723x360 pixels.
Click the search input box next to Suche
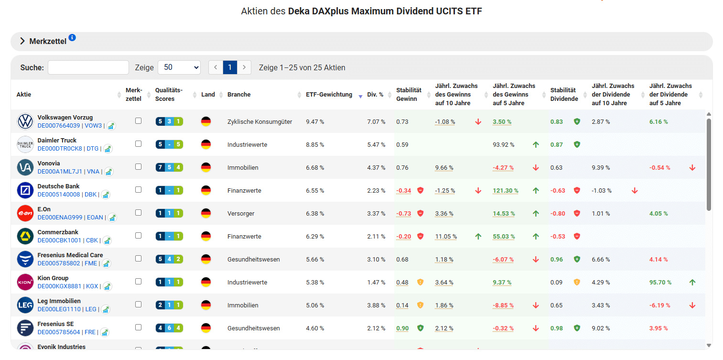point(88,67)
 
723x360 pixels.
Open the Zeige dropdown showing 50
point(179,67)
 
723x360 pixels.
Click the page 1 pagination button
point(230,67)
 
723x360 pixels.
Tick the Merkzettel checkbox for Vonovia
point(138,167)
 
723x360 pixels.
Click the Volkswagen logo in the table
point(25,121)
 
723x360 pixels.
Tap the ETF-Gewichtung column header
point(329,95)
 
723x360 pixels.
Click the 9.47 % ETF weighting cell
point(315,122)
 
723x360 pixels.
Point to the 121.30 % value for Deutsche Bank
point(506,191)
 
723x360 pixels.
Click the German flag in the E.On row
point(206,213)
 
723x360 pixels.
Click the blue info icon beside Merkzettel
point(72,38)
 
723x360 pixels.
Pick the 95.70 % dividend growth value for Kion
point(660,283)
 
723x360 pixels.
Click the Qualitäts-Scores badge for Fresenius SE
point(169,328)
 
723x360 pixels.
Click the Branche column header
point(239,95)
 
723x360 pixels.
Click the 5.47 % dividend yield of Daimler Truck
point(376,145)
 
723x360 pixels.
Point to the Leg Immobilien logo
point(25,305)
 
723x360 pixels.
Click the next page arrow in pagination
point(244,67)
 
